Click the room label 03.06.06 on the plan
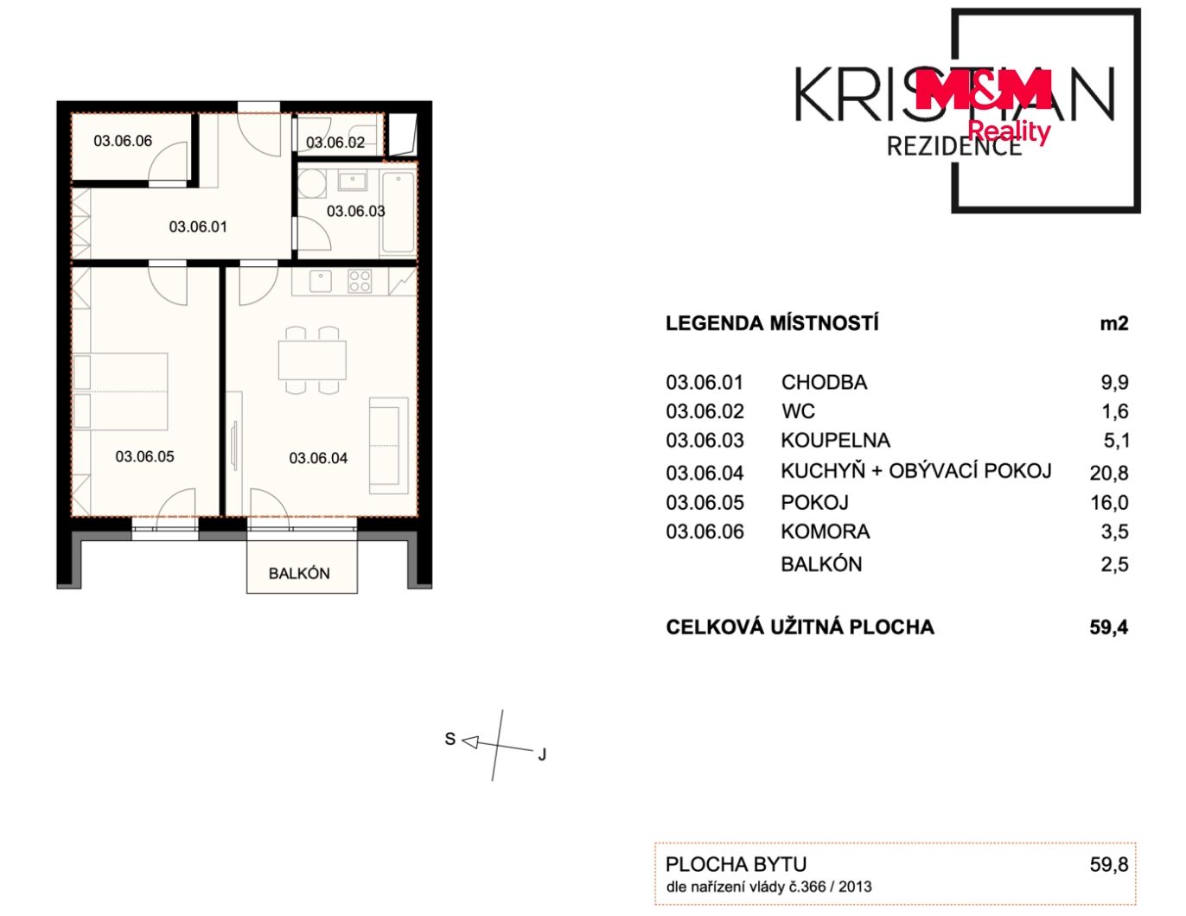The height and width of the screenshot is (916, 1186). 123,142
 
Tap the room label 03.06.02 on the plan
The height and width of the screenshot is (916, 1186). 335,143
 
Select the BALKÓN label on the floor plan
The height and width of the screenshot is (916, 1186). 299,574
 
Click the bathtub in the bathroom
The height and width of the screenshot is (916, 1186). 399,213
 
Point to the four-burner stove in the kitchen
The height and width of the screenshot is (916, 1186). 360,282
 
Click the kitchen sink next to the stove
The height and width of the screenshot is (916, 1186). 321,282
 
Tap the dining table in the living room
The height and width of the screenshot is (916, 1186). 312,360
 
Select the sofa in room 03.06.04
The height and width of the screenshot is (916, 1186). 389,446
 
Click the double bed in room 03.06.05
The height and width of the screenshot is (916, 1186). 120,391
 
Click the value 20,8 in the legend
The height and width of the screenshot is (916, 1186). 1109,473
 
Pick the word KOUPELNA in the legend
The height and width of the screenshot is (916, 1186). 836,440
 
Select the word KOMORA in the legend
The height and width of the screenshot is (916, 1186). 826,531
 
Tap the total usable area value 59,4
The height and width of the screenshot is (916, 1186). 1109,627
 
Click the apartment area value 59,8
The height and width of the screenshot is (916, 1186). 1109,865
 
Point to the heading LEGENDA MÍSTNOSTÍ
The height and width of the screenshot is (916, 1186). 772,323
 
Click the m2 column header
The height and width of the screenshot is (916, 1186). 1114,323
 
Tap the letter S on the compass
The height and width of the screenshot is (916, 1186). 450,739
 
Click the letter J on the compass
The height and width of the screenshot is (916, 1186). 542,754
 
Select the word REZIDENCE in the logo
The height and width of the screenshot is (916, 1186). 954,147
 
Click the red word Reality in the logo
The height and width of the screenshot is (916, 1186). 1009,131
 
